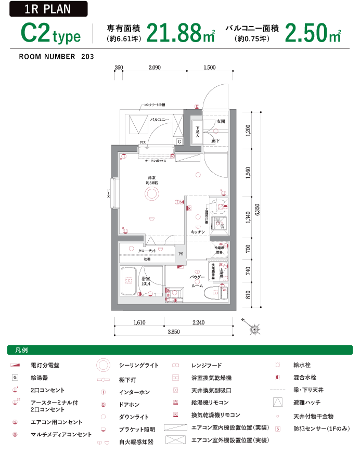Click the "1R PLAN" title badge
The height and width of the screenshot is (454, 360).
pos(47,9)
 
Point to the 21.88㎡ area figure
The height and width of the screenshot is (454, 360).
pos(180,34)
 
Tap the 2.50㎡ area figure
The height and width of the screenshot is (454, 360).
pos(312,34)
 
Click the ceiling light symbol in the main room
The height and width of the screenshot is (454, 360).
pos(151,194)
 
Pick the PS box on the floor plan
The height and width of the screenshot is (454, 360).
pos(181,254)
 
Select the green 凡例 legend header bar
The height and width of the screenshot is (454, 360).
pos(180,350)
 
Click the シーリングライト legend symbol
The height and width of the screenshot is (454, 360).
pos(104,365)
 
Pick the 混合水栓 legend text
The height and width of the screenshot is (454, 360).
pos(304,378)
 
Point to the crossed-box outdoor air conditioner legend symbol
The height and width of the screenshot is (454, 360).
pos(175,440)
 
